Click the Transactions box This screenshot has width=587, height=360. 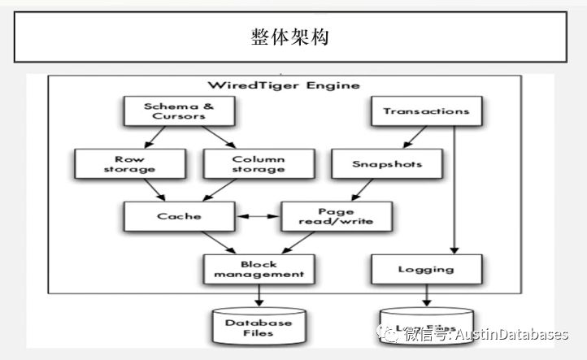(x=420, y=111)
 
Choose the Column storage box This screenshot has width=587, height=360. (x=258, y=163)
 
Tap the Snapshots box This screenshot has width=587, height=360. (x=388, y=163)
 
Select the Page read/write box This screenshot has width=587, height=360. (x=337, y=216)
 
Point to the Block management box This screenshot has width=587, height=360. (x=258, y=269)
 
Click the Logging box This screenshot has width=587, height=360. (x=420, y=269)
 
